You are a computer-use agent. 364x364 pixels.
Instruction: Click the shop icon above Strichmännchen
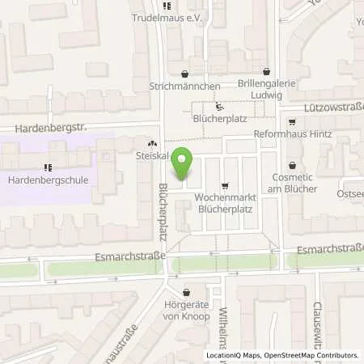187,71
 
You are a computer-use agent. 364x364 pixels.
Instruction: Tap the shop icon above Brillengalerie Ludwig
266,71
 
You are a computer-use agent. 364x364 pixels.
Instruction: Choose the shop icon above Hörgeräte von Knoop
187,291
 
